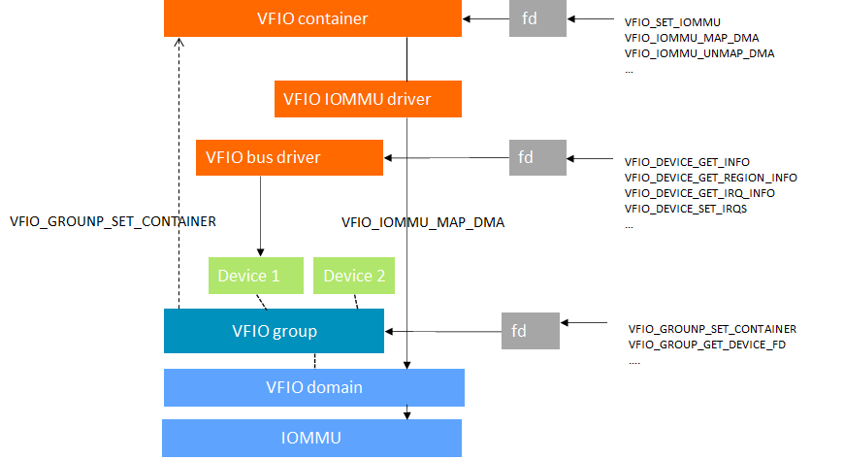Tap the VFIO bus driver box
click(x=289, y=156)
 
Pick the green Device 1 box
click(x=248, y=276)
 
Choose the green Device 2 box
click(x=354, y=276)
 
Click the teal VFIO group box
click(x=275, y=331)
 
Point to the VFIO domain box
click(x=314, y=387)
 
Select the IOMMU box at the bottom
click(x=311, y=438)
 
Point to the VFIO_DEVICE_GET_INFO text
click(x=687, y=162)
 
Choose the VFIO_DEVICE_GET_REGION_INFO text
click(x=710, y=178)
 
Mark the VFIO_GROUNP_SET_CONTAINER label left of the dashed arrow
click(x=112, y=221)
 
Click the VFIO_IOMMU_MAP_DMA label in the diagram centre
click(x=423, y=222)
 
